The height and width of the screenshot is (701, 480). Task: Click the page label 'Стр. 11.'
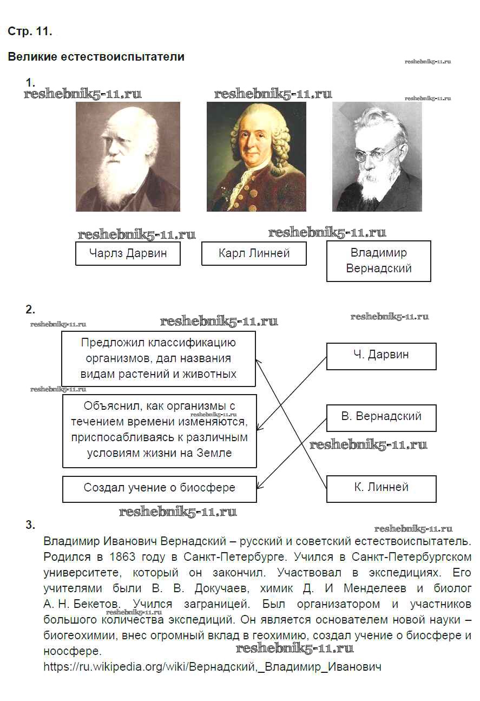point(30,31)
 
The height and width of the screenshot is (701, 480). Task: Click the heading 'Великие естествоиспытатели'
point(96,57)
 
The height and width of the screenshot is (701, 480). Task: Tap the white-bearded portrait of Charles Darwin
point(128,156)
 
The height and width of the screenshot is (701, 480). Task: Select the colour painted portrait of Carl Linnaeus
point(257,156)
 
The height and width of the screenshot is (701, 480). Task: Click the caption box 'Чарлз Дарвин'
point(128,253)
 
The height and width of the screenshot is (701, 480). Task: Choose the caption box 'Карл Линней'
point(254,253)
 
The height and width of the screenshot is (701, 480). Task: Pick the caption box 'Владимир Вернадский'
point(379,261)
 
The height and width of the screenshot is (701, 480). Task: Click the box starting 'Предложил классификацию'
point(159,359)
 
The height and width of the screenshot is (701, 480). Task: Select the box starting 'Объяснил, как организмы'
point(160,431)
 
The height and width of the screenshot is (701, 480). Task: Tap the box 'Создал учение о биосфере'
point(160,489)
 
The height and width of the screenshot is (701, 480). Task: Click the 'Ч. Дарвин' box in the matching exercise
point(381,356)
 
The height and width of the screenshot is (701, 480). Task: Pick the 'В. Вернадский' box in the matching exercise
point(381,418)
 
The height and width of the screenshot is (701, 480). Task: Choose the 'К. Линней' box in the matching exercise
point(381,489)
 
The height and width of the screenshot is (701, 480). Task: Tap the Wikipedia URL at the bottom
point(212,667)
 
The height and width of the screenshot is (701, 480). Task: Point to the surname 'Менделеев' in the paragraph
point(375,588)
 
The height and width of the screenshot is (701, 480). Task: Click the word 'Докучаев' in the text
point(222,588)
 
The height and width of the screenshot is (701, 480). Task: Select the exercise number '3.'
point(30,525)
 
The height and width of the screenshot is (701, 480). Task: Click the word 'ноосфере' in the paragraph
point(73,651)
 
